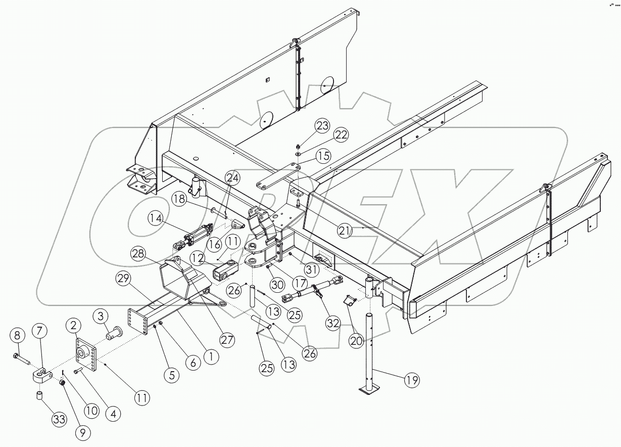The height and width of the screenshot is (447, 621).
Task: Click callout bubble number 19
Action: point(412,380)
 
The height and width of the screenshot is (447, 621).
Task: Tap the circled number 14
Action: point(157,219)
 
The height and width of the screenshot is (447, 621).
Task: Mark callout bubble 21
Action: point(345,231)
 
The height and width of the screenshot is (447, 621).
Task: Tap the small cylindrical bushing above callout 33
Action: point(38,395)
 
